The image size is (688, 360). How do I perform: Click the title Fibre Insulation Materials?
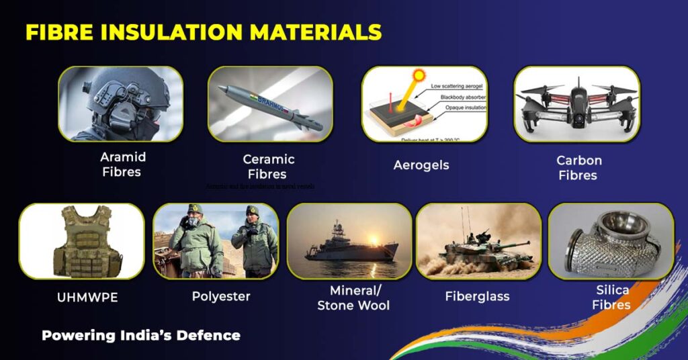204,32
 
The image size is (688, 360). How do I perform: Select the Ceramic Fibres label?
269,167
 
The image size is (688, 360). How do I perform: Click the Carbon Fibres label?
578,168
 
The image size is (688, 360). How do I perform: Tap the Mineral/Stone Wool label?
354,298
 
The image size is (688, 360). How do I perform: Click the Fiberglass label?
477,296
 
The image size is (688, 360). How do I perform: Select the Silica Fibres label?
612,298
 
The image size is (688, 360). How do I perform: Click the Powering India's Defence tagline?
141,335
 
